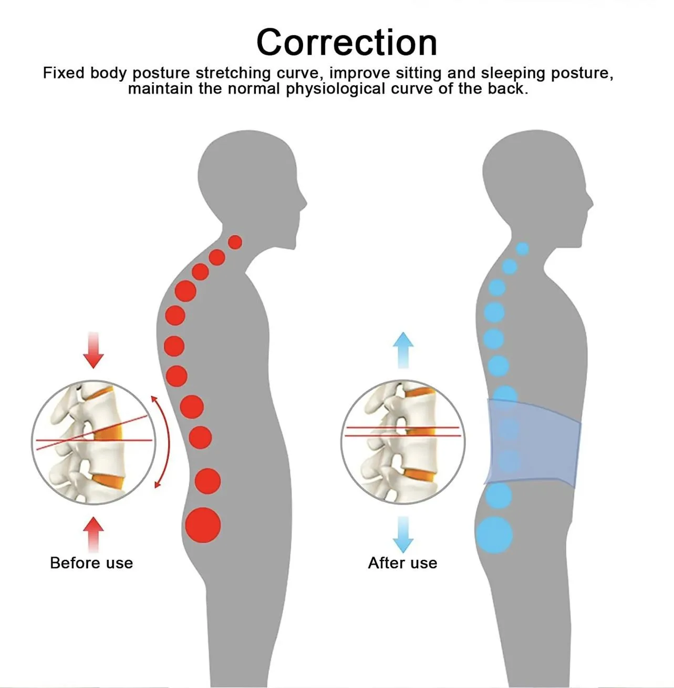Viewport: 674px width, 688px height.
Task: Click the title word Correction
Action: (347, 42)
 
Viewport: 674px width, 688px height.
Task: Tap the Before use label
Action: (91, 563)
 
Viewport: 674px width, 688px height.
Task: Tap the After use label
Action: (402, 563)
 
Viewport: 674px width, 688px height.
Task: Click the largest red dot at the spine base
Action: (203, 525)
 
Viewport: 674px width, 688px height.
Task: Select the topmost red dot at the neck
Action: (235, 242)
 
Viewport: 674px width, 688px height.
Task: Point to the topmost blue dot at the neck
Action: (522, 249)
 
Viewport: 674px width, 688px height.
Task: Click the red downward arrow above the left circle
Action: (94, 350)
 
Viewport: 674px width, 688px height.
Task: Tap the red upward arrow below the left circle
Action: (94, 533)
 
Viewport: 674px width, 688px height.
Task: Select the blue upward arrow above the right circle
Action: (403, 349)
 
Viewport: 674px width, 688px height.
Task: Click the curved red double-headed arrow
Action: (162, 442)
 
